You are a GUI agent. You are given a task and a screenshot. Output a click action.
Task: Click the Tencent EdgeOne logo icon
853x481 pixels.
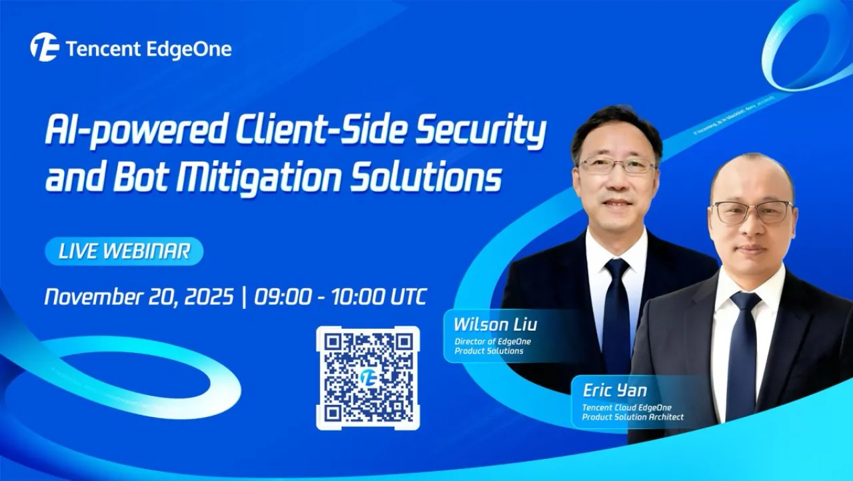point(44,47)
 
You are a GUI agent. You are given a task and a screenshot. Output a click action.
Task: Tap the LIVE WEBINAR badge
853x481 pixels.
point(124,252)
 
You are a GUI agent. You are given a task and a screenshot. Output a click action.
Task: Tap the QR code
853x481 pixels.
point(367,378)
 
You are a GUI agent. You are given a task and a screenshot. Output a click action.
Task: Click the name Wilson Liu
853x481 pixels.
point(494,325)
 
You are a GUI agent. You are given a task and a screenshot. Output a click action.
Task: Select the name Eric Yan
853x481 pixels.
point(614,390)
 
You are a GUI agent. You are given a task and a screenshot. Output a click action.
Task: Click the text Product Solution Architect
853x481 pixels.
point(632,418)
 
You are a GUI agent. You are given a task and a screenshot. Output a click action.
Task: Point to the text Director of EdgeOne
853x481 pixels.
point(492,342)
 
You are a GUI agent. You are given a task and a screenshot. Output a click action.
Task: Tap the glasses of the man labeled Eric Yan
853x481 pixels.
point(752,211)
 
